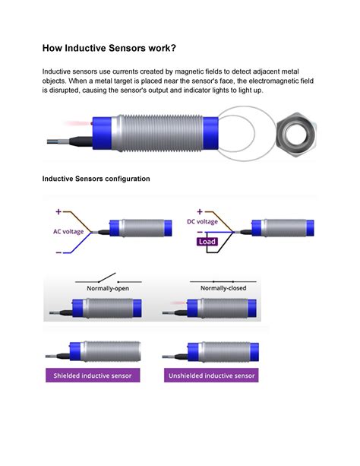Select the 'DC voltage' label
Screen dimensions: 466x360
[202, 221]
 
